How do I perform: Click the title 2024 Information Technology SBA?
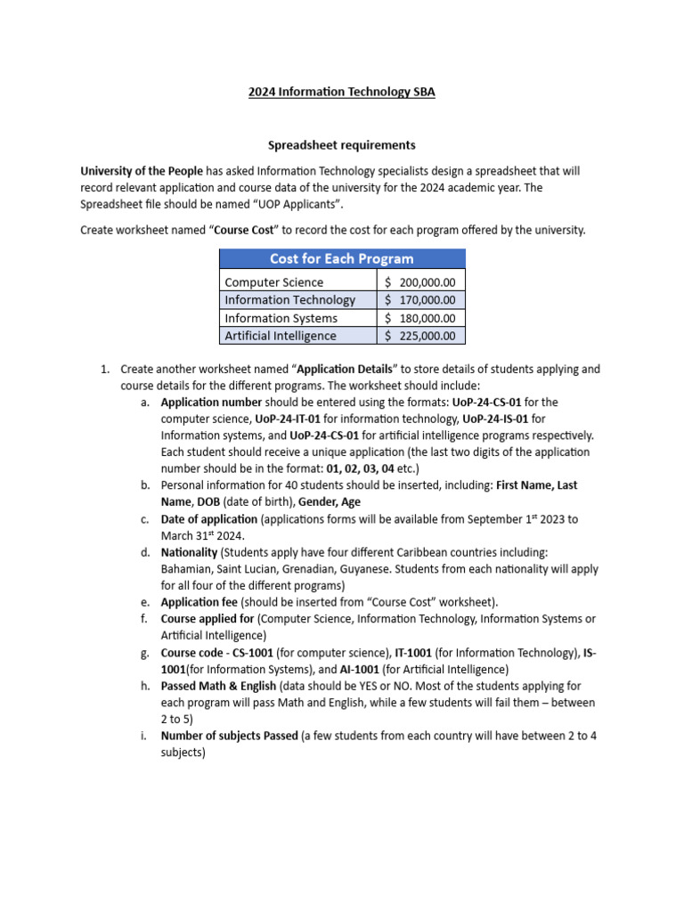(x=342, y=91)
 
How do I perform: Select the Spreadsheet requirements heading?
(x=342, y=144)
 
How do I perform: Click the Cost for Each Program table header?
(x=342, y=258)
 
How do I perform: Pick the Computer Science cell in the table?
(x=274, y=282)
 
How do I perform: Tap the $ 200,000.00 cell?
(x=420, y=282)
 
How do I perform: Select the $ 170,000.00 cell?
(x=420, y=300)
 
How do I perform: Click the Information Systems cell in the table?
(x=281, y=318)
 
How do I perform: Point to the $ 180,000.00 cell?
(x=420, y=318)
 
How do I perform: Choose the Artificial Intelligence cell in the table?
(x=281, y=336)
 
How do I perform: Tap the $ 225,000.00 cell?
(x=420, y=336)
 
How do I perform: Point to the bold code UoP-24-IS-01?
(x=494, y=419)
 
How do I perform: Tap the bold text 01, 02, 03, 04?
(x=361, y=468)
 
